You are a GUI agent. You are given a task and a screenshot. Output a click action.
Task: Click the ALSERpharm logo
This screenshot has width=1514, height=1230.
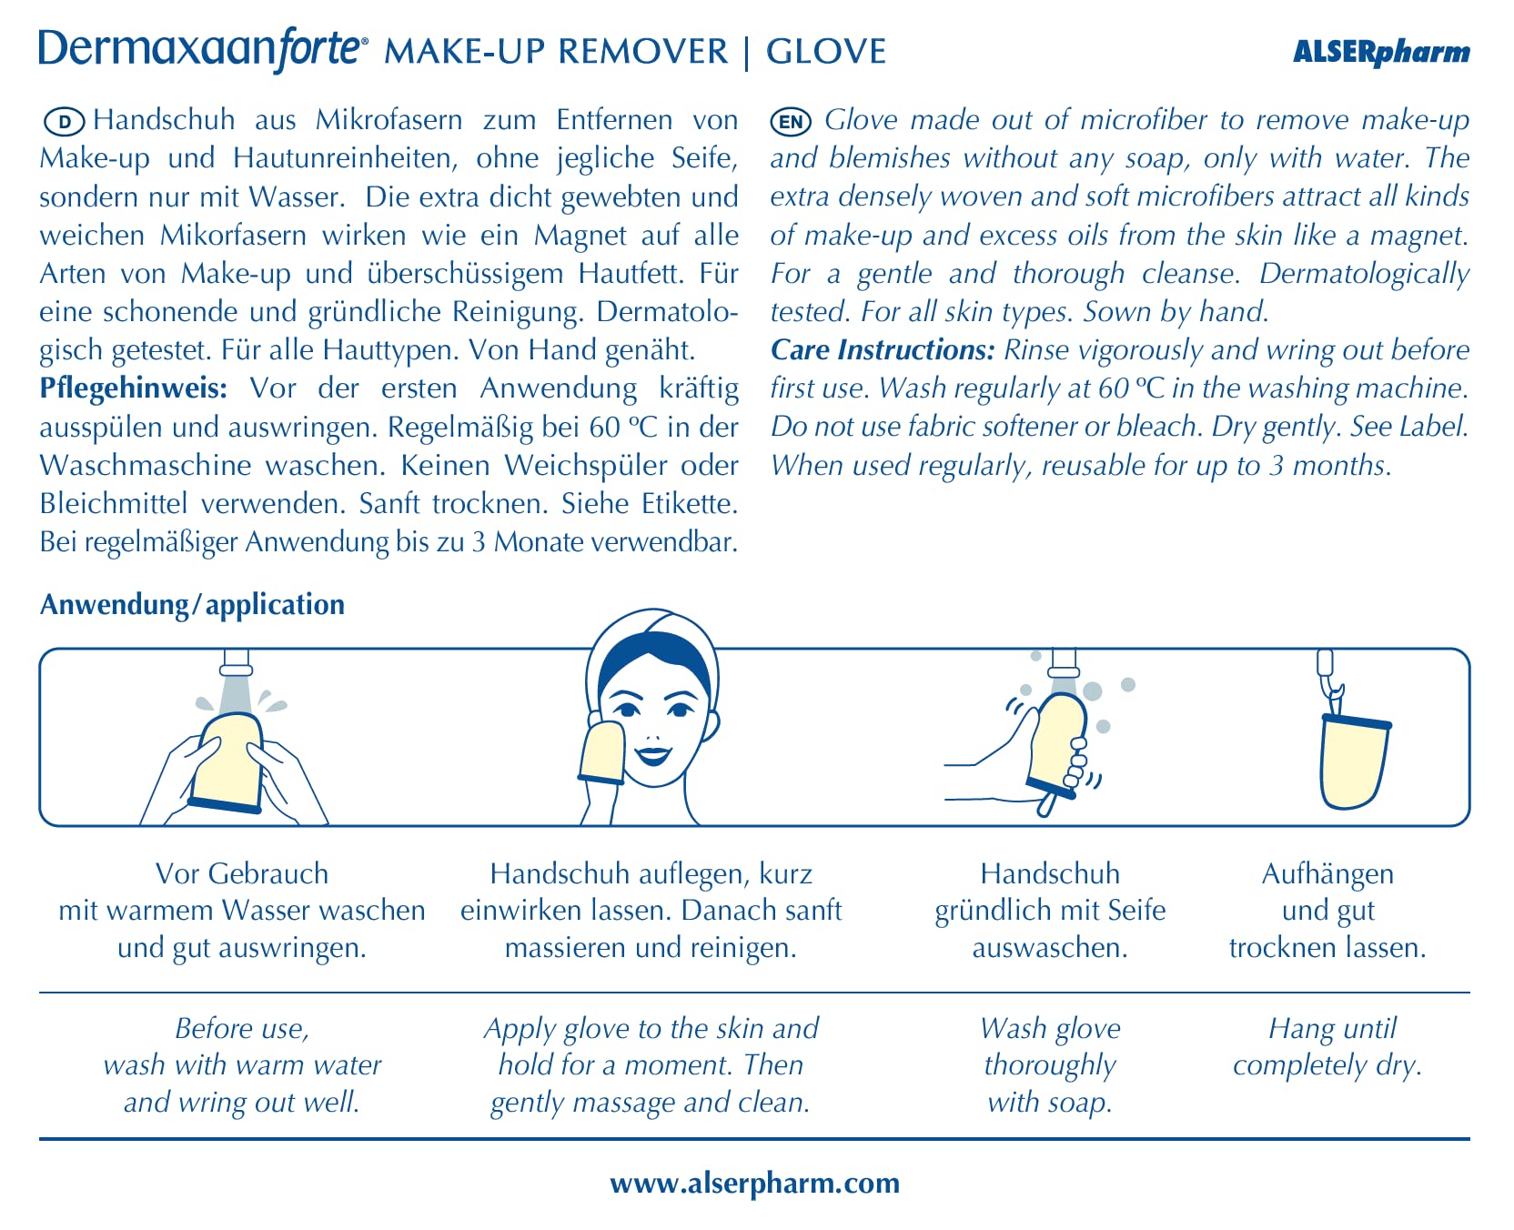(x=1380, y=52)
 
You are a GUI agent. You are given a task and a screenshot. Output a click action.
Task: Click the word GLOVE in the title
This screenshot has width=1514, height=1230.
(x=826, y=52)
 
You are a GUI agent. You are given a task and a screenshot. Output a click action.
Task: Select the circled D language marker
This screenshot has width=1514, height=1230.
(x=64, y=121)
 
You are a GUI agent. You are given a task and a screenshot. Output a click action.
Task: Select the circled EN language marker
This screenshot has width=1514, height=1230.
(x=791, y=121)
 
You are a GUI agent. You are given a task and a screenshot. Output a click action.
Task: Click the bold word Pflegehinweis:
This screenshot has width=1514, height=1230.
(x=133, y=388)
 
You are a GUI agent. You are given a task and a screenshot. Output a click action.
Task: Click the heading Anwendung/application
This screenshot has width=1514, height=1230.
(x=192, y=605)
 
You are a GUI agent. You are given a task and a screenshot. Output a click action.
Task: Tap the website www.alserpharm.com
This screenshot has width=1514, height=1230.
(x=755, y=1183)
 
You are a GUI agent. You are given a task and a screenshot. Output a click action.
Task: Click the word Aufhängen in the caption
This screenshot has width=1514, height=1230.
(x=1327, y=874)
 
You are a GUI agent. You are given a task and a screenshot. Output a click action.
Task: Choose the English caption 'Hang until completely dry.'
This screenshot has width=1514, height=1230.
(x=1327, y=1047)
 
